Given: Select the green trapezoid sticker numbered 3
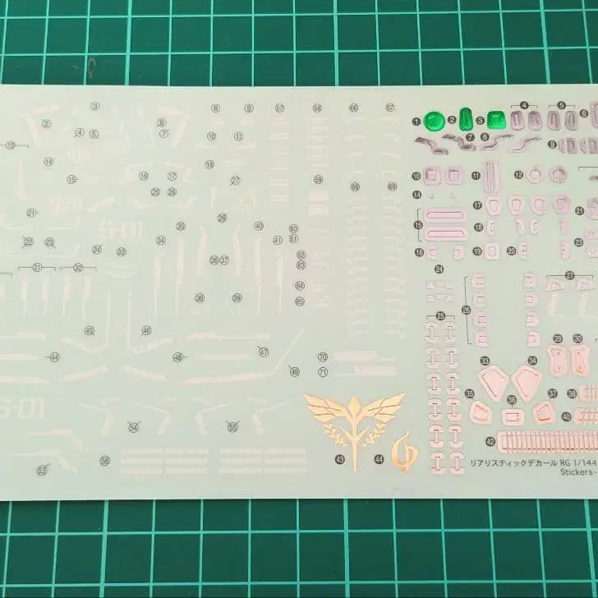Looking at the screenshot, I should [496, 120].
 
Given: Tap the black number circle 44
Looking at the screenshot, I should [379, 459].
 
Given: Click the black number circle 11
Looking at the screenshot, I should [476, 175].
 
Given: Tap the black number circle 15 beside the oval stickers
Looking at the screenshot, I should [419, 224].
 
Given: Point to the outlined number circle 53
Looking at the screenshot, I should [41, 471].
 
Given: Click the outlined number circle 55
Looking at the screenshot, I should [232, 427].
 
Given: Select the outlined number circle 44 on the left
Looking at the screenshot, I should [54, 356].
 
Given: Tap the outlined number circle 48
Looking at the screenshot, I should [178, 356].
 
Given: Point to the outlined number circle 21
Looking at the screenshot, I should [31, 213].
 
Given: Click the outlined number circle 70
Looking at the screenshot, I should [323, 356].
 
